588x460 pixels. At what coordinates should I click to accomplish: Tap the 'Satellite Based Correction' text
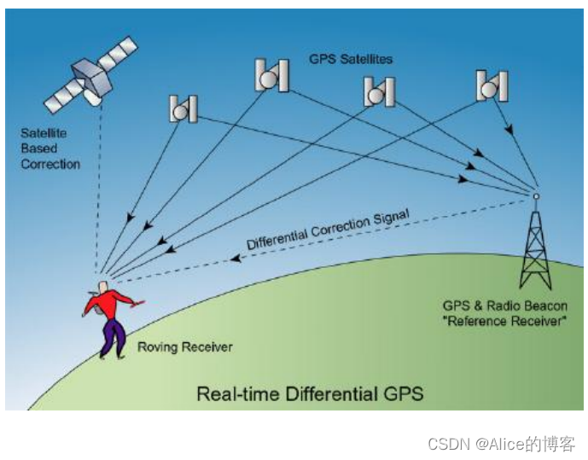coord(50,148)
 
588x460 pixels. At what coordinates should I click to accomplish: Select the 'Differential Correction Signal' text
coord(329,229)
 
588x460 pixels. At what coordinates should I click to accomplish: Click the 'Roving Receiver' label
coord(185,347)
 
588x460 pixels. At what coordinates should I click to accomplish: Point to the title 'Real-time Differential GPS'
coord(310,394)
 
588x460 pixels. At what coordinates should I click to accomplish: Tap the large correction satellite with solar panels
coord(90,76)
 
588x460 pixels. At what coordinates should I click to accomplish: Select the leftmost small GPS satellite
coord(183,109)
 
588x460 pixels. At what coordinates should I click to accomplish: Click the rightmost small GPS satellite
coord(492,85)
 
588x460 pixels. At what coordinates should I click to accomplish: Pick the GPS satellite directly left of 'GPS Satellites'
coord(271,76)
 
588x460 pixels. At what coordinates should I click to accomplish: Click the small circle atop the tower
coord(536,195)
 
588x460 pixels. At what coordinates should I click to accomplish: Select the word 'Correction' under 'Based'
coord(50,164)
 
